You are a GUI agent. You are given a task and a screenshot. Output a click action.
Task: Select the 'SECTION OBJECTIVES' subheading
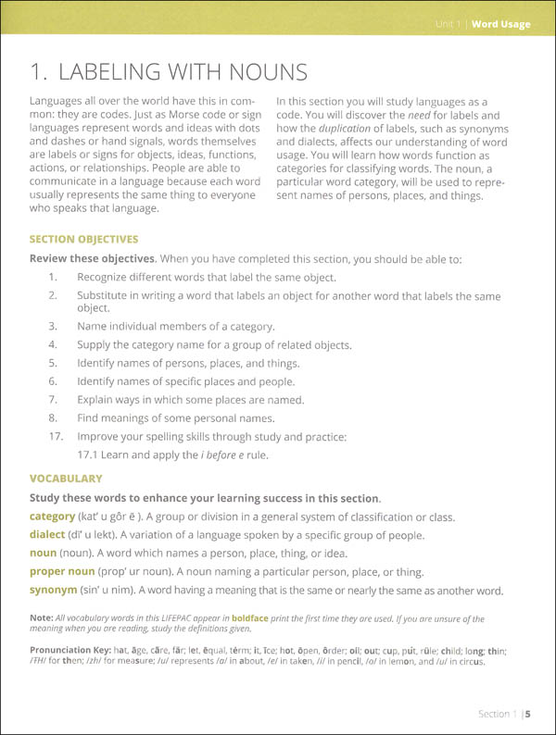pyautogui.click(x=83, y=239)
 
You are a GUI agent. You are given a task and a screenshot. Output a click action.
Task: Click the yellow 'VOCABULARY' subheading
pyautogui.click(x=66, y=479)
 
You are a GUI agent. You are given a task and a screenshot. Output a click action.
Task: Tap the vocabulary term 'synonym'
pyautogui.click(x=54, y=590)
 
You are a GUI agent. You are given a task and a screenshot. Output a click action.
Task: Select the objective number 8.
pyautogui.click(x=54, y=418)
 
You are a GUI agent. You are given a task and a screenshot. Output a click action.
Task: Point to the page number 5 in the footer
pyautogui.click(x=526, y=714)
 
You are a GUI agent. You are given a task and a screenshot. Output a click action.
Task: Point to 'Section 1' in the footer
pyautogui.click(x=494, y=714)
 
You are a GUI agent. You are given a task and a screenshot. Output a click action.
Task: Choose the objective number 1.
pyautogui.click(x=54, y=276)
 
